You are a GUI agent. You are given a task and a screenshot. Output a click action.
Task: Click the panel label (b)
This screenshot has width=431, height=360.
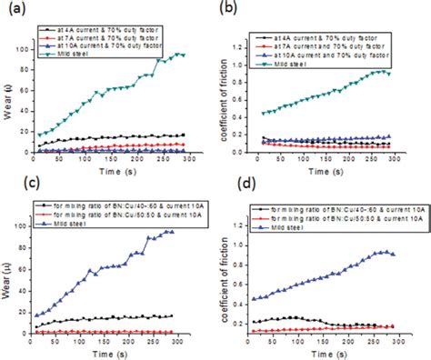[231, 10]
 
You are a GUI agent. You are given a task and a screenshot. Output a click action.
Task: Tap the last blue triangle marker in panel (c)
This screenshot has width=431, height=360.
[172, 232]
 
